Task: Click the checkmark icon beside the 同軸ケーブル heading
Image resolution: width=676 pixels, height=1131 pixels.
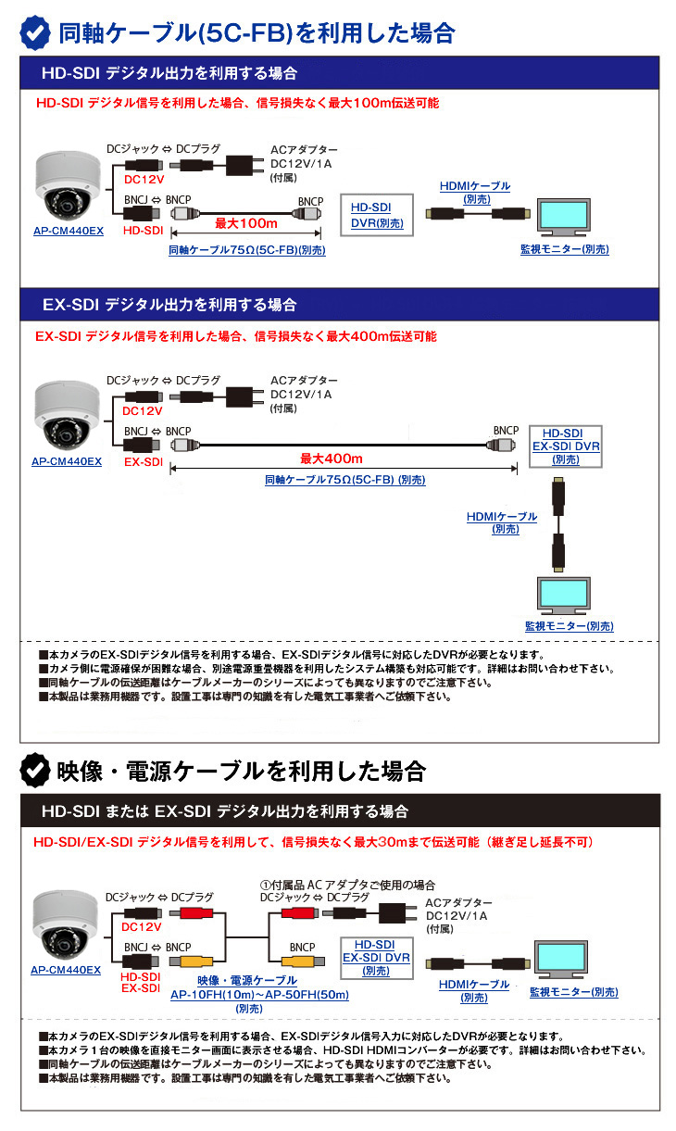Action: coord(36,32)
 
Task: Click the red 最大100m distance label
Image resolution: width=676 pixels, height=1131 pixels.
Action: coord(246,223)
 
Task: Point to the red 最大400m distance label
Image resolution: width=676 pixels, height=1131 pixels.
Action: coord(332,459)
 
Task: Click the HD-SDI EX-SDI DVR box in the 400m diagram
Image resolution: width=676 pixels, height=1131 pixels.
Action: coord(565,446)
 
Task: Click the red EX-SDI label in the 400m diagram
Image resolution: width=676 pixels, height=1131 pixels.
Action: coord(144,460)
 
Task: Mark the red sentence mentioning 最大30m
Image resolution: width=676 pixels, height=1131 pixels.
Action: coord(313,842)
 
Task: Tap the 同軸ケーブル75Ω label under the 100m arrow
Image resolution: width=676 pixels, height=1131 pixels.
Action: coord(247,250)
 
